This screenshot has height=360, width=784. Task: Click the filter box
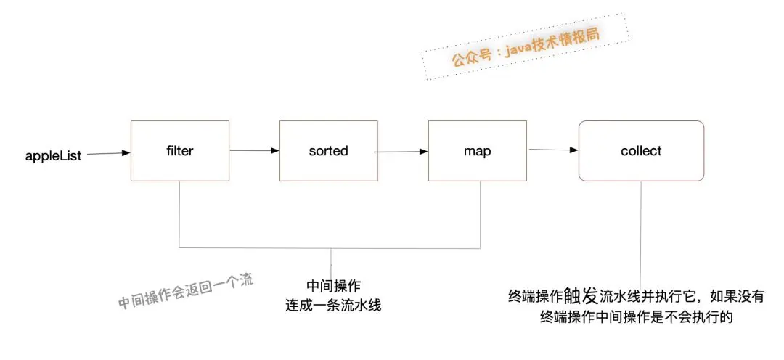point(179,151)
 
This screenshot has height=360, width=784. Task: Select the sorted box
point(327,151)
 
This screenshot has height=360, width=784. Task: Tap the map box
point(476,151)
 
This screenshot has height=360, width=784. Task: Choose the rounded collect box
point(641,151)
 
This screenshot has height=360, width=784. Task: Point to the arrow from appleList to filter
point(108,153)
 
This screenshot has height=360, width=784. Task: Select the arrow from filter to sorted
point(254,151)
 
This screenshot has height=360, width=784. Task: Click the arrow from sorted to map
point(402,152)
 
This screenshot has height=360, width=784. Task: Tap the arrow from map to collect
point(554,150)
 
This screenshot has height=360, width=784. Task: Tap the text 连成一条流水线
point(333,305)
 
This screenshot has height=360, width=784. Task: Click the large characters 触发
point(581,295)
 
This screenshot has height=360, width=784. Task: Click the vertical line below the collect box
point(642,232)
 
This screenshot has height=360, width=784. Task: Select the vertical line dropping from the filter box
point(179,214)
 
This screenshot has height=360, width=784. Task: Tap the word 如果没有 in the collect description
point(738,296)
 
